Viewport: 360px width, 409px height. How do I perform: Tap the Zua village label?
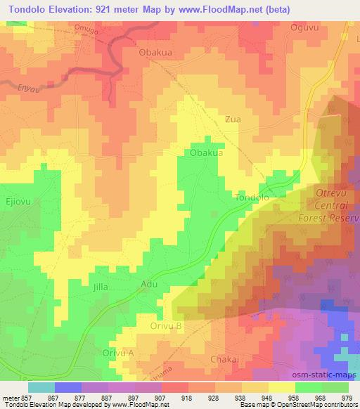pos(233,119)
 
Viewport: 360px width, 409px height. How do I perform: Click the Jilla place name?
pos(102,287)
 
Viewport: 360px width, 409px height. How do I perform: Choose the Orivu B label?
pos(167,326)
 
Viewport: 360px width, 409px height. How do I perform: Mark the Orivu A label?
pos(117,352)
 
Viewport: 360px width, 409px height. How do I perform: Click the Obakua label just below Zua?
pos(207,152)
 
